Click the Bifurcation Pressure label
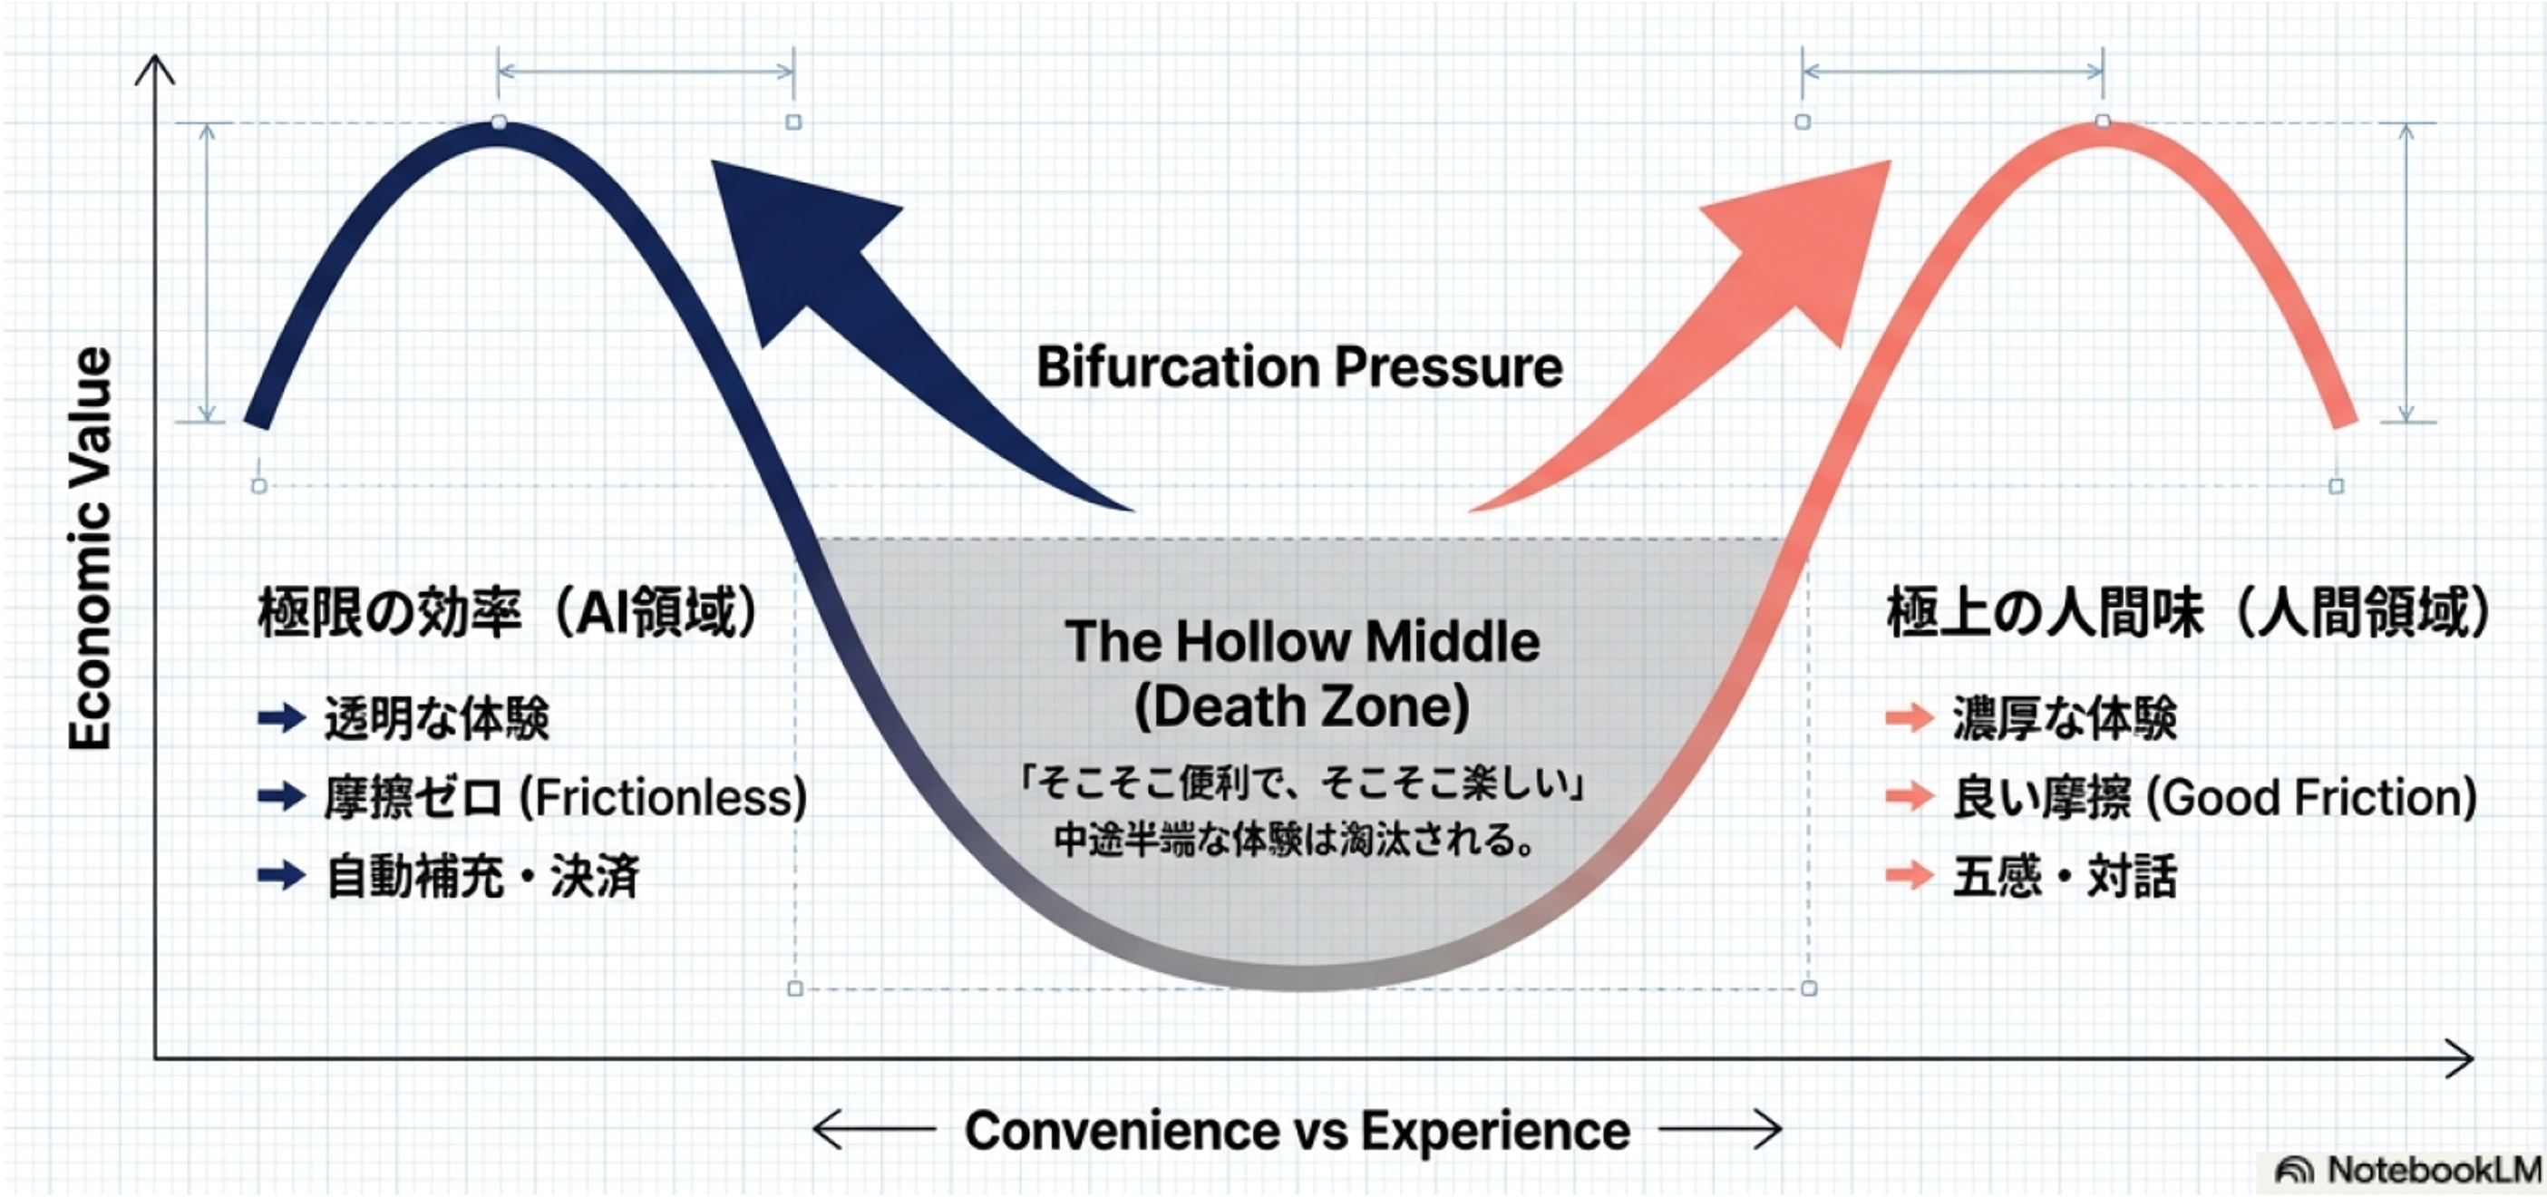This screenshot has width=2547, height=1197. (x=1299, y=367)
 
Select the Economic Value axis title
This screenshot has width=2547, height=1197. (x=90, y=549)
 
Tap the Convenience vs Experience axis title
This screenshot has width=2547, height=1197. (x=1298, y=1131)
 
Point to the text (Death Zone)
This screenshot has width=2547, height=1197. (x=1301, y=706)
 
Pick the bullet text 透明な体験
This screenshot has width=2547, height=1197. (x=436, y=718)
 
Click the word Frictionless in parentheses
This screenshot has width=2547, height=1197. (x=664, y=798)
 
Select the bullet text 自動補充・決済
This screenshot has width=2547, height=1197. (x=482, y=877)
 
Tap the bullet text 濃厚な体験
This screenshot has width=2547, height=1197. (x=2064, y=718)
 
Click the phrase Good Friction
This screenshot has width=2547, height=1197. (x=2314, y=798)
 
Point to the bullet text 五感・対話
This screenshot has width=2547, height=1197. (x=2064, y=877)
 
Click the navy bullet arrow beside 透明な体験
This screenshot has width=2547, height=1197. (x=281, y=717)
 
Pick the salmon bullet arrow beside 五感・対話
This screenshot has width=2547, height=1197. (x=1910, y=876)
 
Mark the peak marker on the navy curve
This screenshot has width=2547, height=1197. (x=500, y=122)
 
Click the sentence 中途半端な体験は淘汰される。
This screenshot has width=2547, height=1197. (x=1295, y=841)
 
